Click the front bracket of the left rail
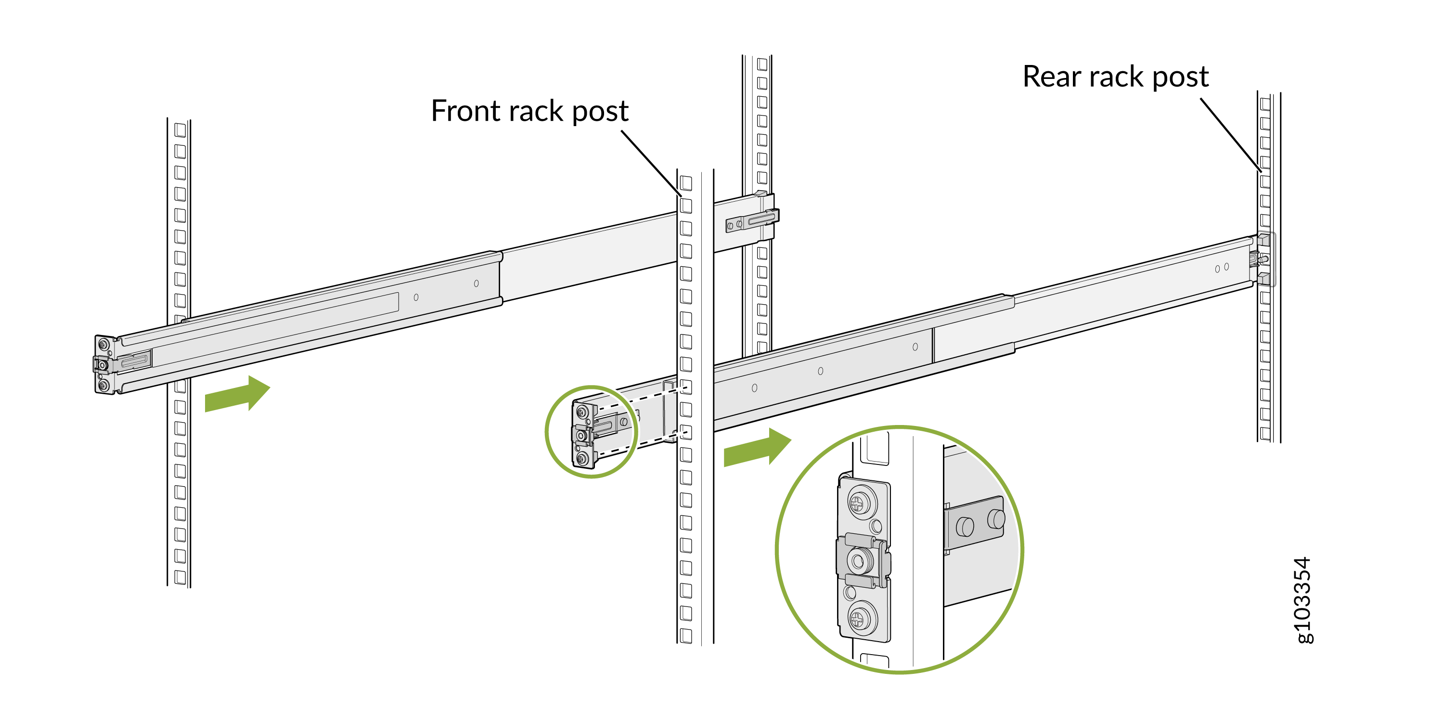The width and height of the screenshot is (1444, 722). tap(104, 365)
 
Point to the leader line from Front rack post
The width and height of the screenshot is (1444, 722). tap(651, 163)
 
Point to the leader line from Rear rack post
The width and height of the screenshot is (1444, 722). tap(1231, 135)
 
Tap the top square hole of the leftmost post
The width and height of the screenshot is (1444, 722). tap(180, 130)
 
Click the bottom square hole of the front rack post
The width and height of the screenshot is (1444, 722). tap(686, 636)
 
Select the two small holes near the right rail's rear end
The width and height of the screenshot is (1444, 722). tap(1222, 268)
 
